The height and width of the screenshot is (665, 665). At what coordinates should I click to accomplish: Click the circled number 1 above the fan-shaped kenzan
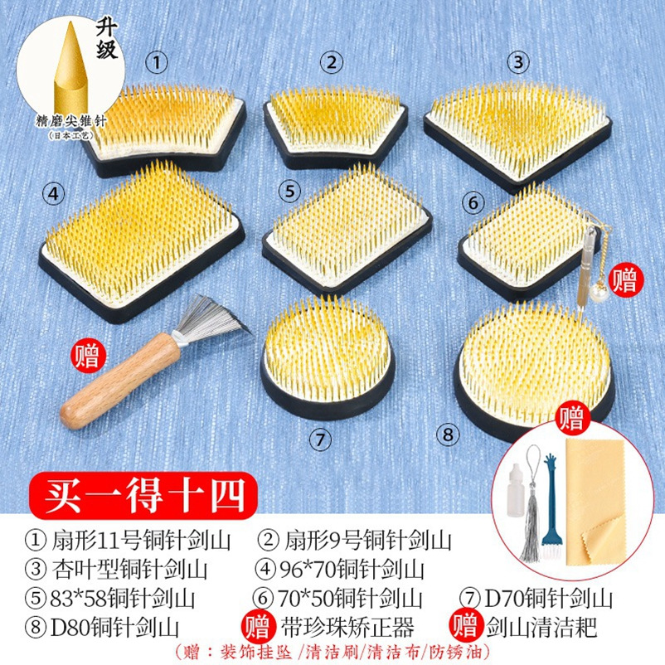tap(157, 62)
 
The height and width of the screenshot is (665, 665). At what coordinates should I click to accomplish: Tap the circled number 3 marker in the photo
tap(518, 62)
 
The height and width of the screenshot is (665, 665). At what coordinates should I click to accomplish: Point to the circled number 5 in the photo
tap(289, 191)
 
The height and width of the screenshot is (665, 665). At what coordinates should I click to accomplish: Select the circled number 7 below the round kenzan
tap(320, 439)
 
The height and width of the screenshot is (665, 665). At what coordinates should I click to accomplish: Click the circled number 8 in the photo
tap(449, 434)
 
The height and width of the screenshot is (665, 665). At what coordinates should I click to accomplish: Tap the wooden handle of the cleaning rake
tap(120, 380)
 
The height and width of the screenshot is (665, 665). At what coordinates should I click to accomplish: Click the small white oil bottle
tap(515, 490)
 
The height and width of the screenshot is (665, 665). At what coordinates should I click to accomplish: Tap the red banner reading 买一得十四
tap(143, 495)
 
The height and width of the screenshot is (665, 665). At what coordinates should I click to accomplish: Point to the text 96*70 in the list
tap(308, 569)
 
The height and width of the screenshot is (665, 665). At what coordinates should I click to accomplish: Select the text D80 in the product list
tap(70, 628)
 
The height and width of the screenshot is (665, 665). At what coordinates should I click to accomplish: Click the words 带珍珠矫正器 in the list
tap(347, 627)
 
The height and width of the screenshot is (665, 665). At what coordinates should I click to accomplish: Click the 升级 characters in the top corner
tap(106, 40)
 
